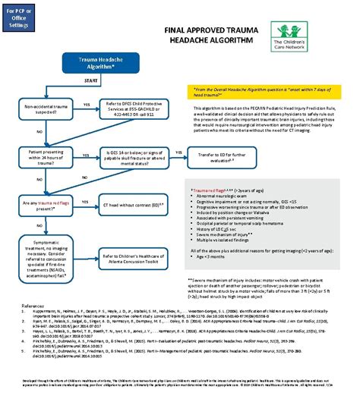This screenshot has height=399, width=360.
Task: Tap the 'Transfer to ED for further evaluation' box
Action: [x=219, y=157]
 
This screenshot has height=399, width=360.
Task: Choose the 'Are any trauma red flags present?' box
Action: [x=49, y=205]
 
